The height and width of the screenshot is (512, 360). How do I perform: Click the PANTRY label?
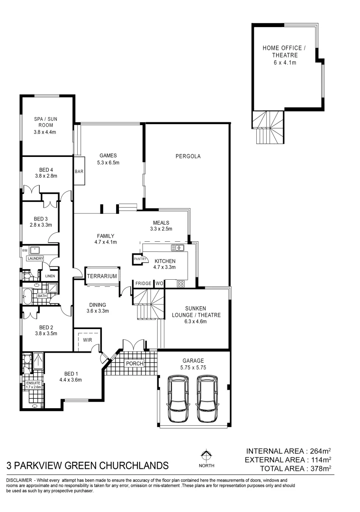coord(140,259)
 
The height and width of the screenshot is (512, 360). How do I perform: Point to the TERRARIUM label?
coord(102,275)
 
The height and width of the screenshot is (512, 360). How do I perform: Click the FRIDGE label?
coord(143,283)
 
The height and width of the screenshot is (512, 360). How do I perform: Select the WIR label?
coord(88,339)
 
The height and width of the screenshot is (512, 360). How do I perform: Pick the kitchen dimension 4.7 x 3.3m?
coord(165,268)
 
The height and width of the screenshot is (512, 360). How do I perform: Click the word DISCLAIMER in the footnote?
coord(18,481)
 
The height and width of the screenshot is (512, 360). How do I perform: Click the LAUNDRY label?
coord(35,258)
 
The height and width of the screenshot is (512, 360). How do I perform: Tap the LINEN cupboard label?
coord(49,275)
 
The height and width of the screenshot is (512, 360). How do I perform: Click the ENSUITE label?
coord(34,383)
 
